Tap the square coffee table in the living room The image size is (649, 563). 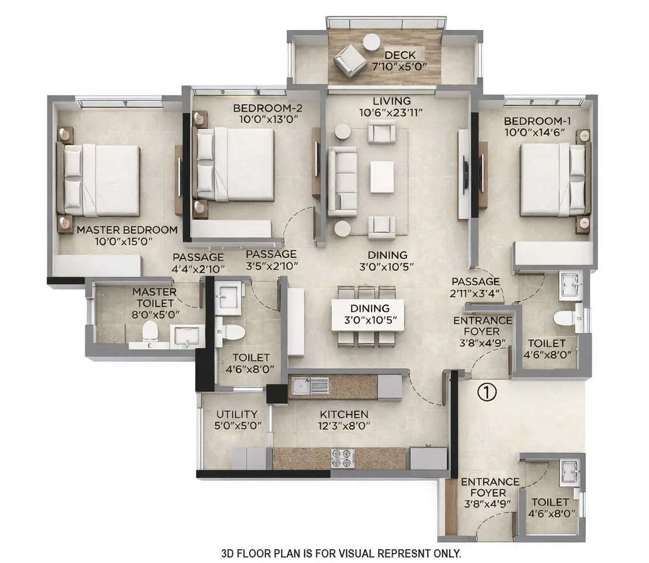pyautogui.click(x=382, y=176)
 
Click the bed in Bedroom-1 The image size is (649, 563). pyautogui.click(x=552, y=179)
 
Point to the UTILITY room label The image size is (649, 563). pyautogui.click(x=237, y=414)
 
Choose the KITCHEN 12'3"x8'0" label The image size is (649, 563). pyautogui.click(x=344, y=420)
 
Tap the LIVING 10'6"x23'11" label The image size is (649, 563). pyautogui.click(x=391, y=107)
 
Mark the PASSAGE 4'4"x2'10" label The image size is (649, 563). pyautogui.click(x=198, y=262)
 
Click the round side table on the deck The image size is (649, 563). pyautogui.click(x=372, y=42)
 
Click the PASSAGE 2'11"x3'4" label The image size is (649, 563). pyautogui.click(x=475, y=287)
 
